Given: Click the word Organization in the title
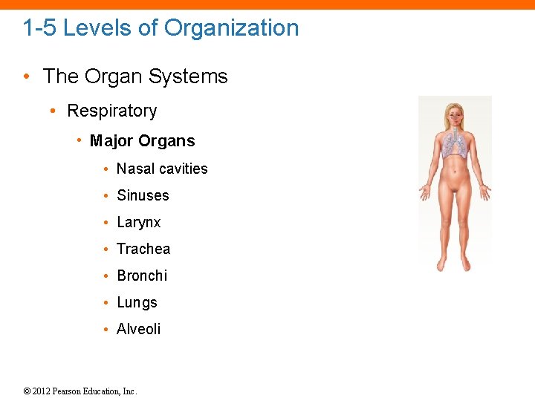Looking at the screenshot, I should (x=231, y=28).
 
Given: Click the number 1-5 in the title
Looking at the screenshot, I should (x=40, y=28).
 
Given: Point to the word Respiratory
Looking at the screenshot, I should (x=112, y=111).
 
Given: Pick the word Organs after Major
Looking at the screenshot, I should (x=169, y=141).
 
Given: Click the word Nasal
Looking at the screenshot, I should (x=134, y=169).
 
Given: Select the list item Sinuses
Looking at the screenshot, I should (x=143, y=195).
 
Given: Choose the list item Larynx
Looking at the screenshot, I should (x=139, y=223).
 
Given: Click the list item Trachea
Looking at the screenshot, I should (x=143, y=249).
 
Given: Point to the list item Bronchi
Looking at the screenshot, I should (x=142, y=276).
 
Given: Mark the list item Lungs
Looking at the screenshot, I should (x=137, y=303).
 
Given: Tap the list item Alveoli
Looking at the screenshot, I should (x=139, y=329).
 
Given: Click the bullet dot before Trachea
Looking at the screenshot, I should (x=108, y=250).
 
